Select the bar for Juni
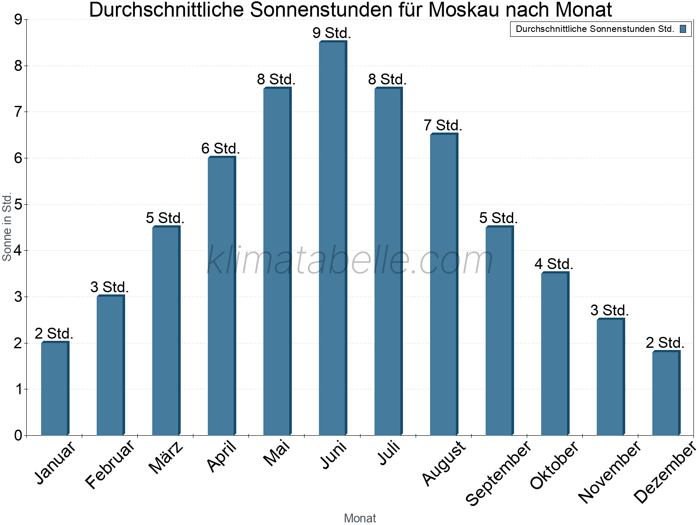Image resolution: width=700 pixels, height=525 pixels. tap(332, 238)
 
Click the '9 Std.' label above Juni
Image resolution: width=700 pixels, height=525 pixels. tap(332, 33)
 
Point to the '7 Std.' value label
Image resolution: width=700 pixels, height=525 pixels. tap(443, 126)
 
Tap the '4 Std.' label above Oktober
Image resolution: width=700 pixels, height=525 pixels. tap(554, 264)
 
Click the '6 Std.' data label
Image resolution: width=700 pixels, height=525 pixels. tap(220, 149)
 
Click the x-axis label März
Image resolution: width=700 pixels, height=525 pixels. tap(166, 457)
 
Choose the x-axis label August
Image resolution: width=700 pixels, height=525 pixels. tap(444, 463)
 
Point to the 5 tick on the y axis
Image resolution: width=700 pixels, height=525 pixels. tap(18, 204)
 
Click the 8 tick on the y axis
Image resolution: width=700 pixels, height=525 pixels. tap(18, 66)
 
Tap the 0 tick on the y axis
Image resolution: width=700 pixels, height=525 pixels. tap(18, 435)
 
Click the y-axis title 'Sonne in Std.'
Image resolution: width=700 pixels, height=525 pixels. tap(7, 227)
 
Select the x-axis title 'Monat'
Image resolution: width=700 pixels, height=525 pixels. tap(360, 518)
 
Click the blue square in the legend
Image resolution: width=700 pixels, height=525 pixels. tap(683, 29)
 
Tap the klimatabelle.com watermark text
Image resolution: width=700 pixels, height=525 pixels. tap(350, 260)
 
